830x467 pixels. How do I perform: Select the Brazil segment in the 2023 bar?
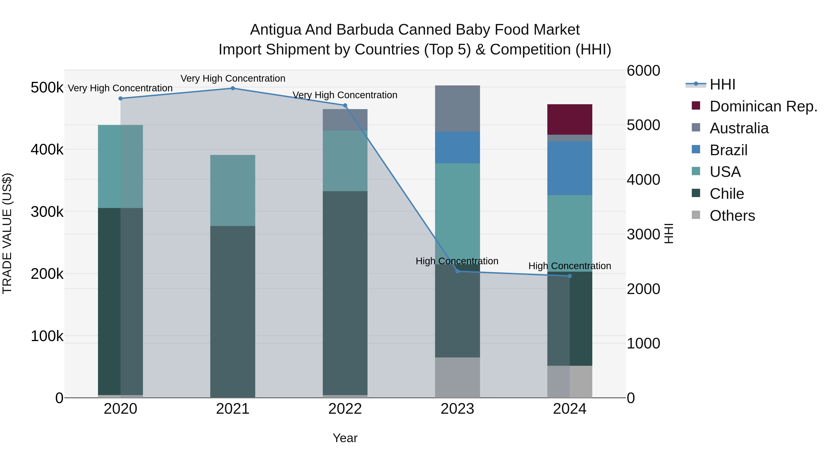(x=457, y=147)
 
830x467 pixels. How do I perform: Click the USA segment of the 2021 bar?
(x=233, y=190)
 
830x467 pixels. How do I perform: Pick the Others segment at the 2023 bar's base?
(x=457, y=377)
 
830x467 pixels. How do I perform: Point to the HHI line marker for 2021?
(x=233, y=88)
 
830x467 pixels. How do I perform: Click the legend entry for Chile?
(x=726, y=194)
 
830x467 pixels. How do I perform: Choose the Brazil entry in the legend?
(x=728, y=150)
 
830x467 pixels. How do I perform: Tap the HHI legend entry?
(x=722, y=84)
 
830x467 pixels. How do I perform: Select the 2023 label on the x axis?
(x=457, y=409)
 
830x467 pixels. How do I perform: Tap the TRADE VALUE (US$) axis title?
(x=7, y=233)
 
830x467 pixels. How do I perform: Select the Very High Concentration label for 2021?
(x=233, y=78)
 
